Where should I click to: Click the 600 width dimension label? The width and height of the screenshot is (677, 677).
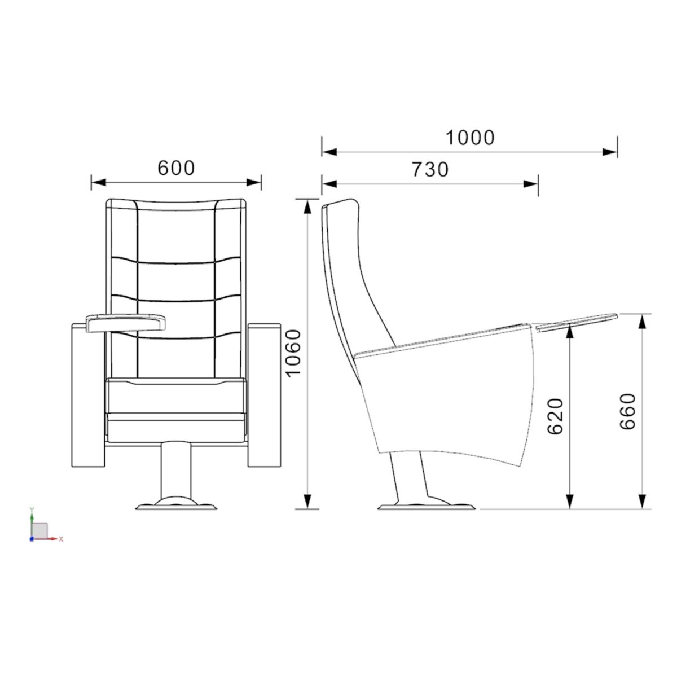click(176, 168)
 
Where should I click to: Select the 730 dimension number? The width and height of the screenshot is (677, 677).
click(430, 169)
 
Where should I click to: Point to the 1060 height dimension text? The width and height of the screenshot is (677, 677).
click(293, 353)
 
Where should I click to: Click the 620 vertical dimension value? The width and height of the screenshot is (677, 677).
click(556, 416)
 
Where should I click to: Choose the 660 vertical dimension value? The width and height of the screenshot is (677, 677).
click(627, 411)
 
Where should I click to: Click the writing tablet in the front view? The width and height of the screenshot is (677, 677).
click(126, 323)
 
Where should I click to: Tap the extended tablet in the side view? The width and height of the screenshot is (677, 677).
click(576, 322)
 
